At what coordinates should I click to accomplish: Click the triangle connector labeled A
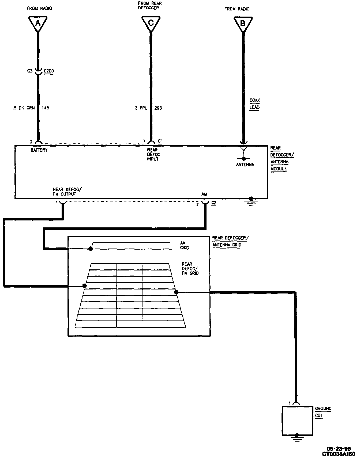38,23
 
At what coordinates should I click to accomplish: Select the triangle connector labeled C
151,23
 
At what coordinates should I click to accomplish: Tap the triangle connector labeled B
243,24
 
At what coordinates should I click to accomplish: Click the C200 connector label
48,71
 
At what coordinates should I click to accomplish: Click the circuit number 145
45,108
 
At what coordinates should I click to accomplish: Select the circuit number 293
158,108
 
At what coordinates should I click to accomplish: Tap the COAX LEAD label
254,104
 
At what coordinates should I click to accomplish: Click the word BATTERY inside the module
39,150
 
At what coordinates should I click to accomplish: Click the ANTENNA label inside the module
245,165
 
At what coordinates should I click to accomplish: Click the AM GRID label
184,245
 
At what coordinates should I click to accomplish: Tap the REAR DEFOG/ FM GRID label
190,268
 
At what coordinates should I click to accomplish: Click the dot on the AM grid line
91,249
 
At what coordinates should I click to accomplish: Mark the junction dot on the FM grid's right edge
176,292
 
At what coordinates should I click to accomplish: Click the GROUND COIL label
323,412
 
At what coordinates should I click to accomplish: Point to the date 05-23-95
338,449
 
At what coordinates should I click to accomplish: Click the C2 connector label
213,203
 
